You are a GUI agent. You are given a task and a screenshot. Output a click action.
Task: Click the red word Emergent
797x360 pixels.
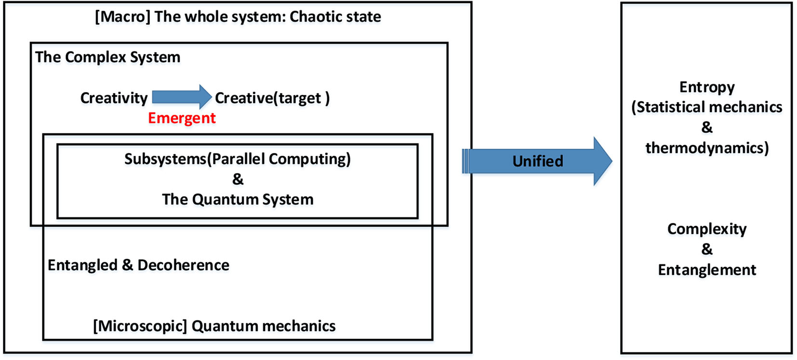coord(182,118)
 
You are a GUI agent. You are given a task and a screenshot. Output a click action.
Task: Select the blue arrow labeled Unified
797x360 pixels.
coord(537,161)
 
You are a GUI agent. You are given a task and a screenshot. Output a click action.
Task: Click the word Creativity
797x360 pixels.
coord(114,98)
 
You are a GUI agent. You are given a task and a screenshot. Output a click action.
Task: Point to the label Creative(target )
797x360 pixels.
coord(272,98)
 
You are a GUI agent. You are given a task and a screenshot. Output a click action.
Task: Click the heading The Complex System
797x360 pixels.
coord(107,57)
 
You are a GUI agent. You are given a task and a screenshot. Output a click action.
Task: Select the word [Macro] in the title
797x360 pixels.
coord(122,16)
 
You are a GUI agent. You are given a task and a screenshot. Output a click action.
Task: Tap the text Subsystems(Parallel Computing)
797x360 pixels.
coord(238,159)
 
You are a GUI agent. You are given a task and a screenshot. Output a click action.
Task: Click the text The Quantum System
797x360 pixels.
coord(238,199)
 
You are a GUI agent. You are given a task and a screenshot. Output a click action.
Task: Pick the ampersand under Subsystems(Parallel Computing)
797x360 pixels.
coord(238,179)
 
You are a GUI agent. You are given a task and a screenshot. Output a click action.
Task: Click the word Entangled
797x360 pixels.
coord(82,265)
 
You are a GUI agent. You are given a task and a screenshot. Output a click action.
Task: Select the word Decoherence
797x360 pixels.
coord(183,265)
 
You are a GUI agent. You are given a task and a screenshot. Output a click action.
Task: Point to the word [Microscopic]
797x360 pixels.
coord(140,326)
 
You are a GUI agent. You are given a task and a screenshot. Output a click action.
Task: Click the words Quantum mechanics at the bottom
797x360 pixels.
coord(264,326)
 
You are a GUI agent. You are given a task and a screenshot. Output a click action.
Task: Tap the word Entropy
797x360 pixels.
coord(707,87)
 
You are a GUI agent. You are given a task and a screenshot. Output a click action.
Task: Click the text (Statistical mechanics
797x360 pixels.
coord(707,107)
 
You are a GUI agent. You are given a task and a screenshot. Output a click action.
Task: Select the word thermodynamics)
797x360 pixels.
coord(707,148)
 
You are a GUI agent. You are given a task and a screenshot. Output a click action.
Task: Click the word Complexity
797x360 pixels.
coord(707,229)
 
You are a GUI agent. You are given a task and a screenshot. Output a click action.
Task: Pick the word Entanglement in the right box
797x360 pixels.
coord(707,270)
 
